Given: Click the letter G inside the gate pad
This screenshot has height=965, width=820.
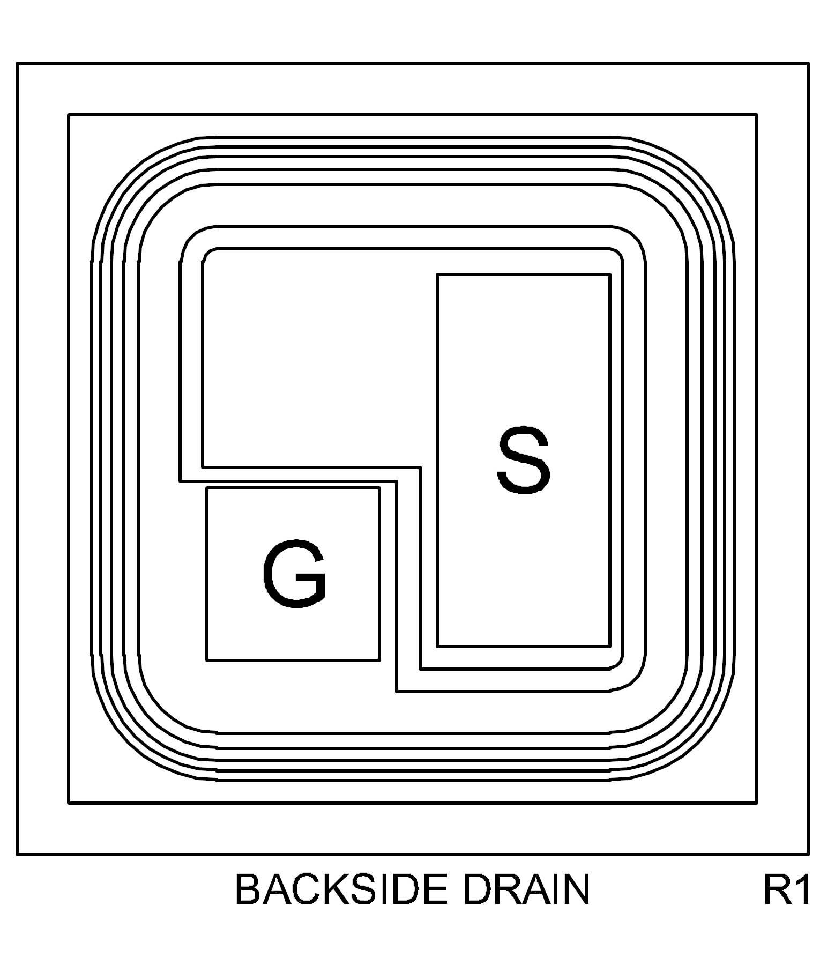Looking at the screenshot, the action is click(294, 574).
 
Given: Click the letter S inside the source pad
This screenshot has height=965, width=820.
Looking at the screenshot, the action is click(524, 460).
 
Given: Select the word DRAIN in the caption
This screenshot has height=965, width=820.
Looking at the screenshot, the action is click(526, 889).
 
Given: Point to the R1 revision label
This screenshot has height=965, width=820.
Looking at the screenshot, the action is click(786, 889).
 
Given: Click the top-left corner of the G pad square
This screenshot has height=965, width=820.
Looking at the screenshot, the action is click(207, 488).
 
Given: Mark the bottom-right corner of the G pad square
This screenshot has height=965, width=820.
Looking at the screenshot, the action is click(379, 660).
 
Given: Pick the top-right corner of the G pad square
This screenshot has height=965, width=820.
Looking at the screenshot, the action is click(379, 488).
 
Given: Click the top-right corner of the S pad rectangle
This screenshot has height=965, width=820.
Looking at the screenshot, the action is click(609, 275).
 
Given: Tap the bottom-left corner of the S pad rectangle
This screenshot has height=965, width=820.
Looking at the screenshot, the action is click(438, 646).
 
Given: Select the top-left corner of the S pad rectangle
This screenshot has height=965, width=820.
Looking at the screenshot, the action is click(438, 275).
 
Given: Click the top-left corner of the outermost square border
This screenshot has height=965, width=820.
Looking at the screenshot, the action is click(18, 64).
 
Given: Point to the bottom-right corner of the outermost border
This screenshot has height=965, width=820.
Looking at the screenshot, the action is click(808, 854).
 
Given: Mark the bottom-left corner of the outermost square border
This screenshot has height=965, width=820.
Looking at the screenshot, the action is click(18, 854).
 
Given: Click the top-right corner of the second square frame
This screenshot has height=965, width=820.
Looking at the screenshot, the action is click(756, 115).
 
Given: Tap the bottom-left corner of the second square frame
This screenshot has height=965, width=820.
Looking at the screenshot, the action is click(69, 803).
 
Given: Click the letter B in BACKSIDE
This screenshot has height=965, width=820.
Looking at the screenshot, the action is click(248, 889).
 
